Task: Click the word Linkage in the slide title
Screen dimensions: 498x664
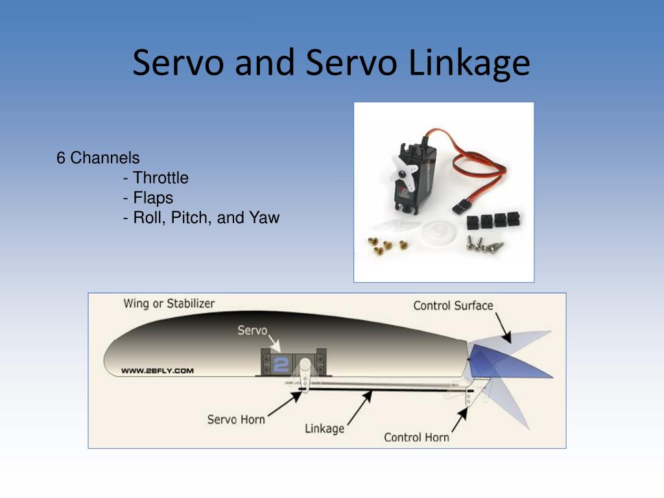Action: pos(469,64)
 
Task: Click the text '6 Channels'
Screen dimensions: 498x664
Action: pos(98,158)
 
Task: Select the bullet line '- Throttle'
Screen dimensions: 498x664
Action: pos(156,178)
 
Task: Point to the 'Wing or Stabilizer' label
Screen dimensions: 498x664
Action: pos(169,303)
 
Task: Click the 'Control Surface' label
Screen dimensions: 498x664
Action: pos(453,305)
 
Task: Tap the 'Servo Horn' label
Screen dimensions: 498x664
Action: pos(236,420)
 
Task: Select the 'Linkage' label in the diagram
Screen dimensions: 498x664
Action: pos(324,429)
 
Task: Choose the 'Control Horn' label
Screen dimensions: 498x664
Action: pos(416,437)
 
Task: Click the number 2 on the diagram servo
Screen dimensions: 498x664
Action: pos(281,364)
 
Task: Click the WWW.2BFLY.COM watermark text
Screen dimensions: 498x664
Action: pos(158,371)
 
